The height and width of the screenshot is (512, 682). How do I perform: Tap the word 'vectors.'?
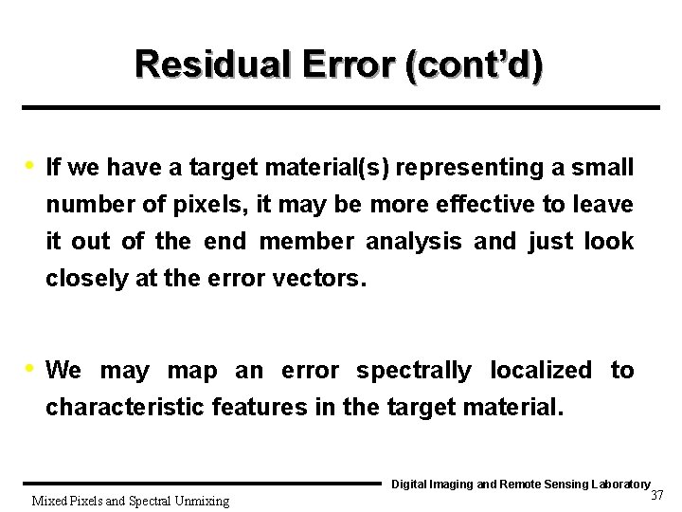(319, 280)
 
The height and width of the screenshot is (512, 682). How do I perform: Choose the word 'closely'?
(84, 280)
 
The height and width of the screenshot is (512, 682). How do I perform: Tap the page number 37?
(657, 496)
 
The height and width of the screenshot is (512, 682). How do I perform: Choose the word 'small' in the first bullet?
(604, 168)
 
